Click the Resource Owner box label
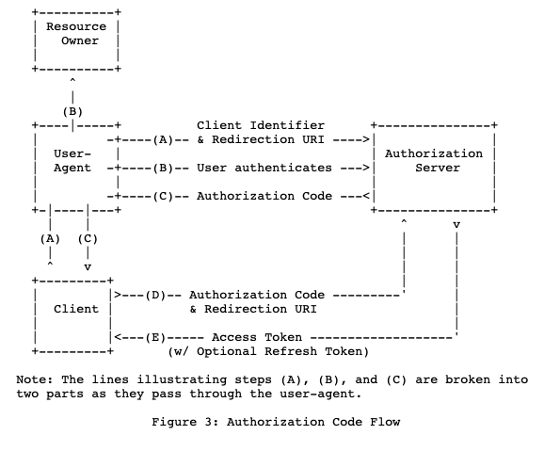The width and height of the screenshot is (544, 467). (x=76, y=34)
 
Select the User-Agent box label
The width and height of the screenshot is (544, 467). (x=72, y=161)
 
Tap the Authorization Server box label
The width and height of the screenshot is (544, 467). (x=434, y=161)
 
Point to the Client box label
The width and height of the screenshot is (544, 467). (x=76, y=309)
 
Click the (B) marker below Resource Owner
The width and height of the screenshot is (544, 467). (x=72, y=111)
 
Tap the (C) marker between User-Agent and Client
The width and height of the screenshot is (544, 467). (x=88, y=238)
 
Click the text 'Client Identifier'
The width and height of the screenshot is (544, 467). (x=261, y=125)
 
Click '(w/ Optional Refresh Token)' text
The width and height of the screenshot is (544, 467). (x=268, y=351)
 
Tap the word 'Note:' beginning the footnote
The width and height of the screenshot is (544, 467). (x=35, y=379)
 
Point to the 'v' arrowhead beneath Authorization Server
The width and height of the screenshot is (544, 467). (x=456, y=224)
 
